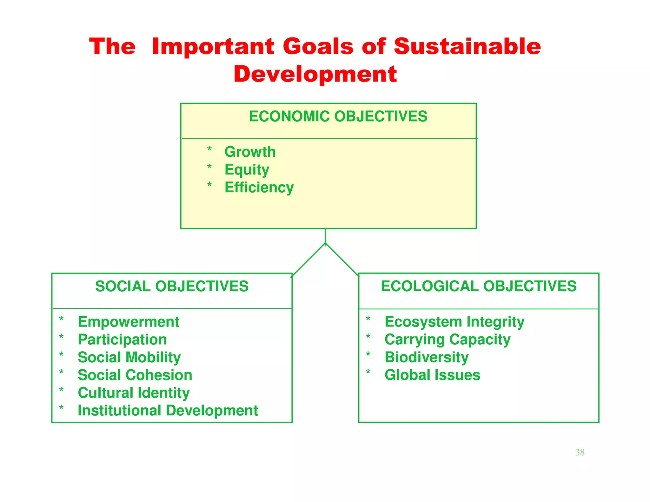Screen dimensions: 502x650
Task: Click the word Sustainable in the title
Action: pyautogui.click(x=467, y=46)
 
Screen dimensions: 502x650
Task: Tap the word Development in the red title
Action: pyautogui.click(x=315, y=74)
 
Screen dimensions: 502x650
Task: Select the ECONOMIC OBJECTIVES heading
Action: pyautogui.click(x=338, y=116)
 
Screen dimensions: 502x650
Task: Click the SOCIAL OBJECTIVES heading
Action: pyautogui.click(x=172, y=286)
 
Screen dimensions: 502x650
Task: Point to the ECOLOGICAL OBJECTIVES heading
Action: pyautogui.click(x=479, y=286)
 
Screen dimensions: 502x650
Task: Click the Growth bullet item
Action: pyautogui.click(x=250, y=152)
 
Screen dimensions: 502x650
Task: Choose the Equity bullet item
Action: pyautogui.click(x=247, y=170)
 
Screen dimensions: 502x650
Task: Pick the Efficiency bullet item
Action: pyautogui.click(x=259, y=187)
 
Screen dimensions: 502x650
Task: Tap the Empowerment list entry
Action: pyautogui.click(x=128, y=322)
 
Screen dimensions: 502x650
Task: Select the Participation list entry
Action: pyautogui.click(x=122, y=340)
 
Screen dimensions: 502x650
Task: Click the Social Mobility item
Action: pyautogui.click(x=129, y=357)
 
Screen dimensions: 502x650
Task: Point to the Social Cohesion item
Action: pyautogui.click(x=135, y=375)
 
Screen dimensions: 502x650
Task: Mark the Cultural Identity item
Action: pyautogui.click(x=134, y=393)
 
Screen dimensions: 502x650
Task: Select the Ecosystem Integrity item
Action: pyautogui.click(x=454, y=322)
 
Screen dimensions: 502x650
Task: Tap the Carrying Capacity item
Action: pyautogui.click(x=447, y=340)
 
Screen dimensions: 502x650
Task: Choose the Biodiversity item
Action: pyautogui.click(x=426, y=357)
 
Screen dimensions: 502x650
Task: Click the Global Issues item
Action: pyautogui.click(x=432, y=375)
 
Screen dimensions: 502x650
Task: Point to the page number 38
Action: pyautogui.click(x=580, y=452)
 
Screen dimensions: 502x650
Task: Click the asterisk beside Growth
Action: pyautogui.click(x=209, y=149)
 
